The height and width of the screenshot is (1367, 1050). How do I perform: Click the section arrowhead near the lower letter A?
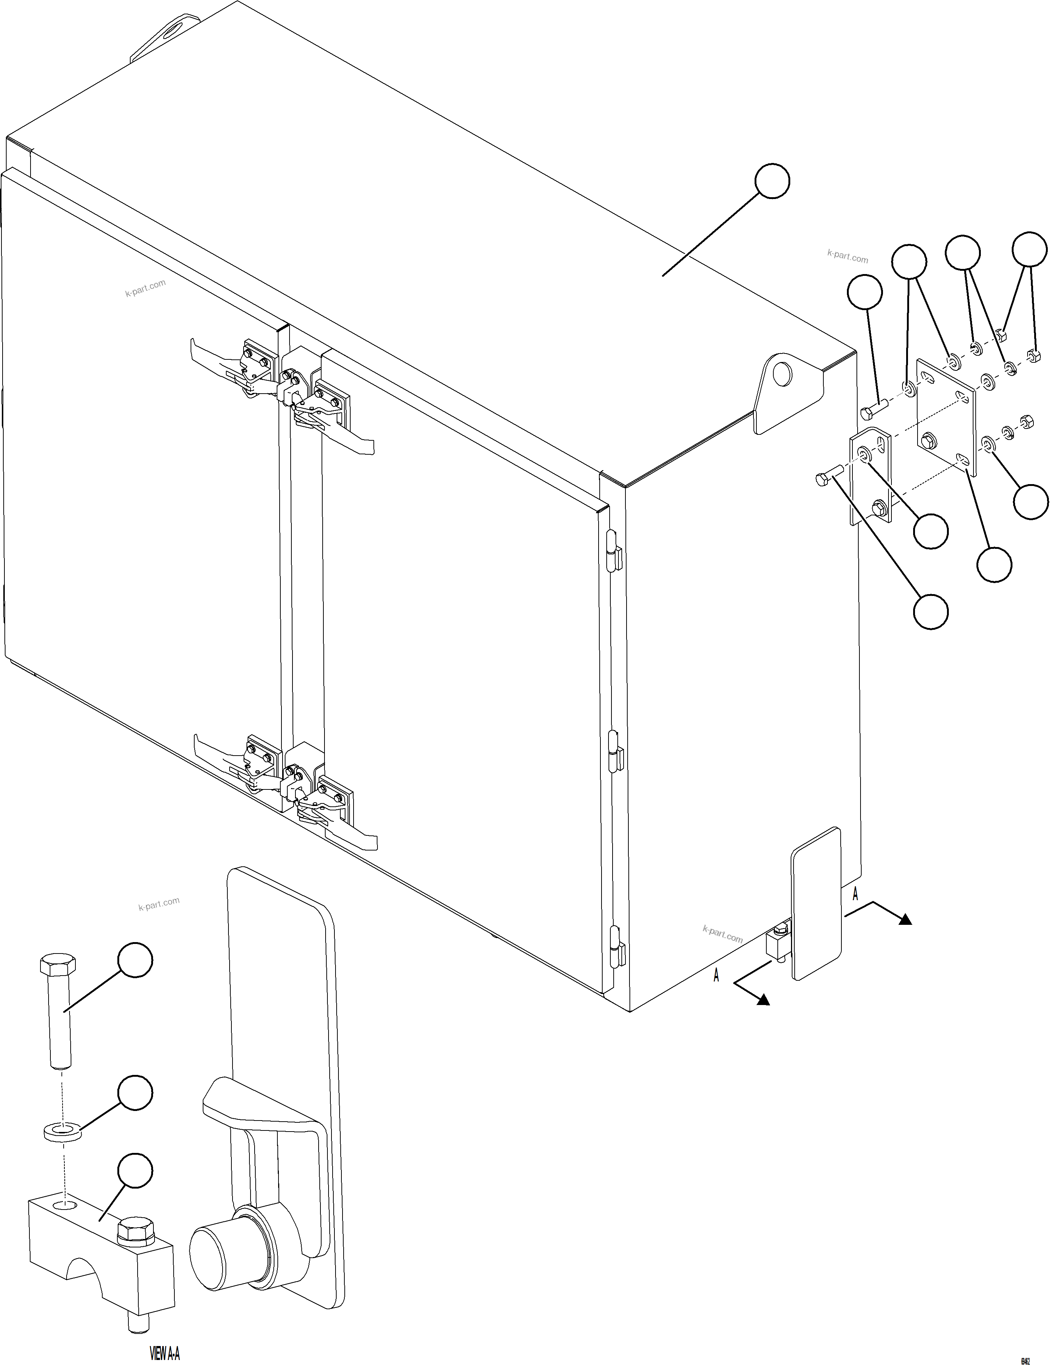[x=763, y=1000]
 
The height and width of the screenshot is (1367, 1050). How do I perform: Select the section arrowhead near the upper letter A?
[x=904, y=919]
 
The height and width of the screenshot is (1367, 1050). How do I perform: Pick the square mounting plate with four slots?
[x=946, y=413]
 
